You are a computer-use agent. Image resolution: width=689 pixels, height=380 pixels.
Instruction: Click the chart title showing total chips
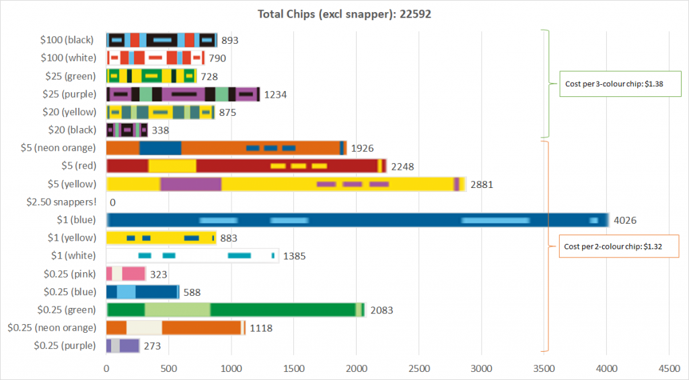coord(344,13)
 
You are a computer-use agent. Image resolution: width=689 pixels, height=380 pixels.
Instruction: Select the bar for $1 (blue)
coord(357,220)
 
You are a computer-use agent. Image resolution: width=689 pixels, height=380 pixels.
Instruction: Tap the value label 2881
coord(482,184)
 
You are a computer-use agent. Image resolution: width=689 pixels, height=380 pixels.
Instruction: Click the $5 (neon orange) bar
coord(226,148)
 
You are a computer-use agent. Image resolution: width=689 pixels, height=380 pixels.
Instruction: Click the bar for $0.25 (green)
coord(235,310)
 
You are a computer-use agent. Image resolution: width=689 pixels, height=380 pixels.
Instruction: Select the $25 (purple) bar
coord(183,94)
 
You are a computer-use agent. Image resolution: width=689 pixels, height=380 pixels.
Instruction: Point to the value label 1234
coord(275,95)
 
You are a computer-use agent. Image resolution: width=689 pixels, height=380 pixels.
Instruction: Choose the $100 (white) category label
coord(67,58)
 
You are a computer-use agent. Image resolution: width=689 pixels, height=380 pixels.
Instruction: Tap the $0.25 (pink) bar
coord(126,274)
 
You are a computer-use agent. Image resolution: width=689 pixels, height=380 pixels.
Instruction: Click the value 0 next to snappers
coord(112,202)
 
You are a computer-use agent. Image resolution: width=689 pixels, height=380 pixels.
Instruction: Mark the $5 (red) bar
coord(246,166)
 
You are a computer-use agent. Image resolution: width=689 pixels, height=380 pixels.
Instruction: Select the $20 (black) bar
coord(126,130)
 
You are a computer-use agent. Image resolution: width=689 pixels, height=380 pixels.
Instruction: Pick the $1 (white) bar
coord(192,255)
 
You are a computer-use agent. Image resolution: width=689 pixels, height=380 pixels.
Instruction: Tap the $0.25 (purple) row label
coord(65,346)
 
